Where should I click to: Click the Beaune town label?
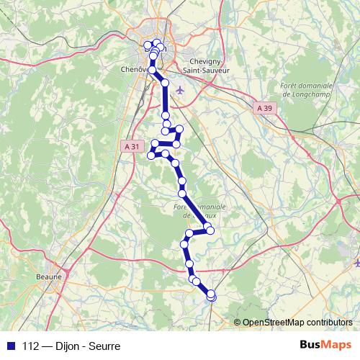coord(50,275)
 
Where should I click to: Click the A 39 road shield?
coord(265,108)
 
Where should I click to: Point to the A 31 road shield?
coord(131,146)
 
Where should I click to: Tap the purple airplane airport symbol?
coord(179,89)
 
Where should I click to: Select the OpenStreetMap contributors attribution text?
coord(297,323)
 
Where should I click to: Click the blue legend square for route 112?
coord(10,346)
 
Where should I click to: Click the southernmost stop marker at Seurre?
coord(211,295)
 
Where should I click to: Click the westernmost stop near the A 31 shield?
coord(151,155)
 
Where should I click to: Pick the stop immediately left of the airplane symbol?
coord(165,84)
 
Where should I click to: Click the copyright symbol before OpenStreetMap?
coord(238,323)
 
